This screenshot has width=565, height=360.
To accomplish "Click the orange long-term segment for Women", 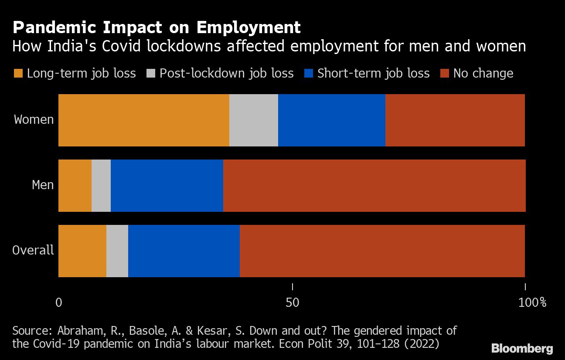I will [143, 120].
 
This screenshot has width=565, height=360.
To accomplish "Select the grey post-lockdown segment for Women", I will [253, 120].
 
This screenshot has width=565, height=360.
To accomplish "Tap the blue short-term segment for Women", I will [331, 120].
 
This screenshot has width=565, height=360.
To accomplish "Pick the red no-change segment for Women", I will [455, 120].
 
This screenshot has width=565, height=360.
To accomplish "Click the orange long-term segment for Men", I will [75, 186].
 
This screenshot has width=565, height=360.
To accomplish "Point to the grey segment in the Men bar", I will [101, 186].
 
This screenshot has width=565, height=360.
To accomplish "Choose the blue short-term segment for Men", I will [167, 186].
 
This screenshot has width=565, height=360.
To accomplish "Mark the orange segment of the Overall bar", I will [82, 251].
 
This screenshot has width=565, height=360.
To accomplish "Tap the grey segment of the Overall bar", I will [117, 251].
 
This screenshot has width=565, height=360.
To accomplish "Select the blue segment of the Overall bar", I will [184, 251].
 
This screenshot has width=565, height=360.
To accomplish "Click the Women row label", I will [34, 119].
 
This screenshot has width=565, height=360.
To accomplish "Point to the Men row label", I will [43, 185].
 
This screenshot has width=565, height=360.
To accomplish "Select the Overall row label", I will [33, 250].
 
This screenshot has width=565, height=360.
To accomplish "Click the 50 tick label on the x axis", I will [292, 302].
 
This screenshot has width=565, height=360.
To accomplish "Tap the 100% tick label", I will [532, 302].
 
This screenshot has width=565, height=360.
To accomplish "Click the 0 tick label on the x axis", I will [59, 302].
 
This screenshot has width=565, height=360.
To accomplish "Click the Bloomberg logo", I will [522, 348].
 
